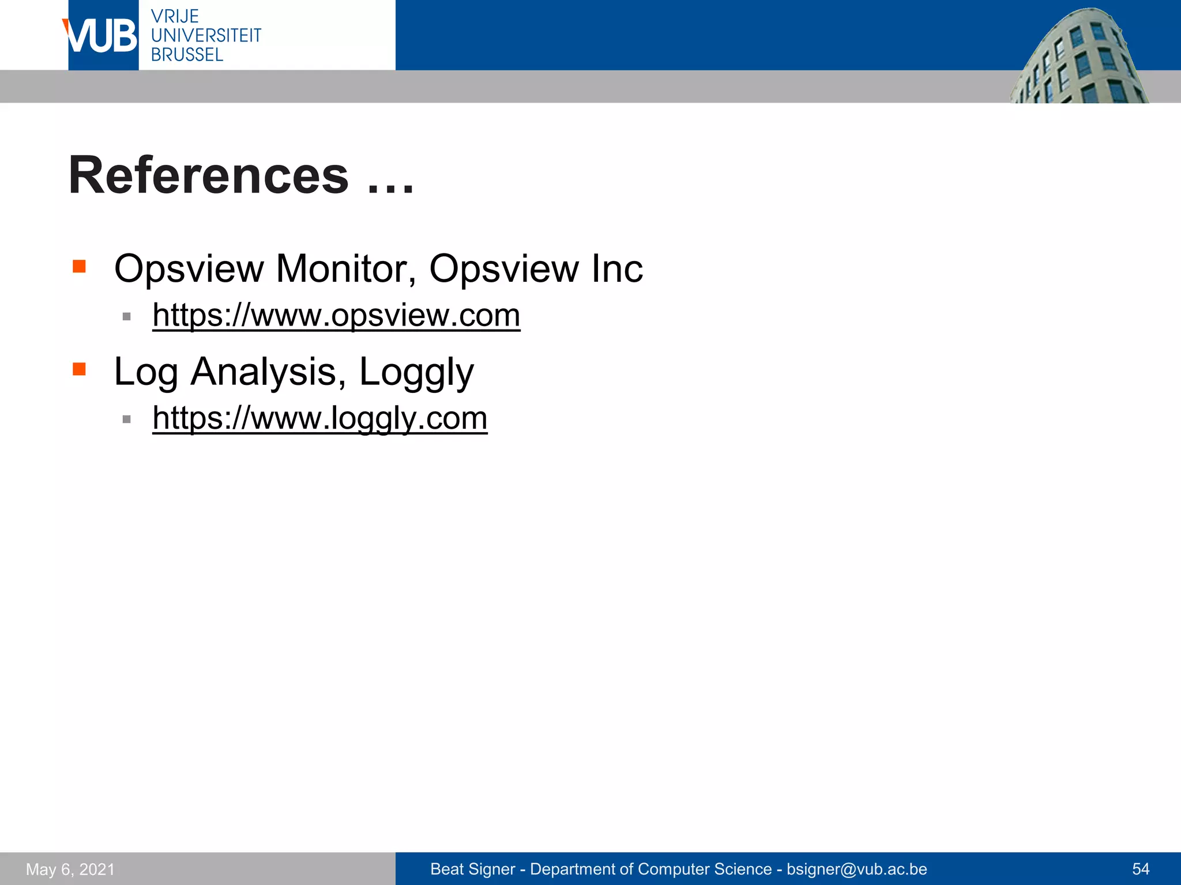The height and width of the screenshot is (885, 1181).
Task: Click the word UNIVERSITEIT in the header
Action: click(x=206, y=36)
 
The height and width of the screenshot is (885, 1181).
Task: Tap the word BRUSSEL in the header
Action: click(x=187, y=55)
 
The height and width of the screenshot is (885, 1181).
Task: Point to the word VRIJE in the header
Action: click(x=175, y=16)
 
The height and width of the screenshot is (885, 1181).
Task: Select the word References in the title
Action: click(x=209, y=175)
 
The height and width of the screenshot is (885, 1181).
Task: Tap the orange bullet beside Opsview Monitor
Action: click(x=79, y=266)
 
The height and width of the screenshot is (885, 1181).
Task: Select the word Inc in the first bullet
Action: click(x=616, y=268)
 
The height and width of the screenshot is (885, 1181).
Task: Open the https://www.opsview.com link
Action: click(x=336, y=316)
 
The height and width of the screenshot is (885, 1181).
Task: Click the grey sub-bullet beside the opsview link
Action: click(x=127, y=316)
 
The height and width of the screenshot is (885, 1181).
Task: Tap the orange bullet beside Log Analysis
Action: click(x=79, y=369)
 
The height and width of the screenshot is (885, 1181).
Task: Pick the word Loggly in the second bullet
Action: click(x=416, y=373)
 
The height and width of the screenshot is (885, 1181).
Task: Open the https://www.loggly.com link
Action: click(x=320, y=418)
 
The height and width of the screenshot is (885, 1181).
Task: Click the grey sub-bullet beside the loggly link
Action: click(x=127, y=419)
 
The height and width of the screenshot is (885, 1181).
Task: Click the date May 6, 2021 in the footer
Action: click(x=70, y=869)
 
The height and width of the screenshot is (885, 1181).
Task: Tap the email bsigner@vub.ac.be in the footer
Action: click(x=857, y=869)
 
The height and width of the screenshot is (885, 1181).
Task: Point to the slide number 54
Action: click(x=1141, y=869)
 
